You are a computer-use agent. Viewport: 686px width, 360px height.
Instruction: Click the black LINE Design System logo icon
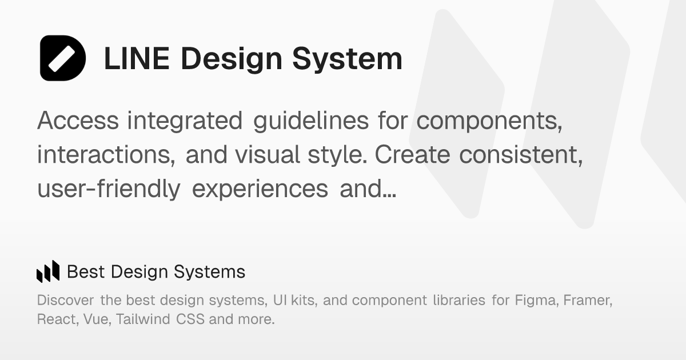click(x=63, y=58)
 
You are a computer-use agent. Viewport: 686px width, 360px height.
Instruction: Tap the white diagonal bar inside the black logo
click(x=62, y=59)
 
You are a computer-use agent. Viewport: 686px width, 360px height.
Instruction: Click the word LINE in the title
click(x=137, y=58)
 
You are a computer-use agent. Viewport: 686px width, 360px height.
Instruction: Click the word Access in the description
click(x=78, y=121)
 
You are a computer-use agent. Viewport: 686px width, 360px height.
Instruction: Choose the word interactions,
click(x=106, y=155)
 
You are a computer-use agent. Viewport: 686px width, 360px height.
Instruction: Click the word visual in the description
click(x=268, y=155)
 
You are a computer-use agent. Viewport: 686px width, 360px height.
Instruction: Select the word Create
click(x=413, y=155)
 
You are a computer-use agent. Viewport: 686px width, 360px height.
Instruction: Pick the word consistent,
click(x=521, y=155)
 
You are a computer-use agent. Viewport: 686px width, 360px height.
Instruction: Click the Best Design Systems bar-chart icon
click(x=48, y=271)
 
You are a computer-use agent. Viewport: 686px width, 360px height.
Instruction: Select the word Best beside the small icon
click(x=86, y=272)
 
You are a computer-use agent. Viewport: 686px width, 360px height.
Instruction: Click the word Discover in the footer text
click(x=66, y=301)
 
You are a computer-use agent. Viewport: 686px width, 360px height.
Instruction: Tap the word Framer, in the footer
click(x=588, y=301)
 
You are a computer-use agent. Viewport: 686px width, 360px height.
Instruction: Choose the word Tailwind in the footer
click(x=143, y=319)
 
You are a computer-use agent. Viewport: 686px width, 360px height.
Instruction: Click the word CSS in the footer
click(x=190, y=319)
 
